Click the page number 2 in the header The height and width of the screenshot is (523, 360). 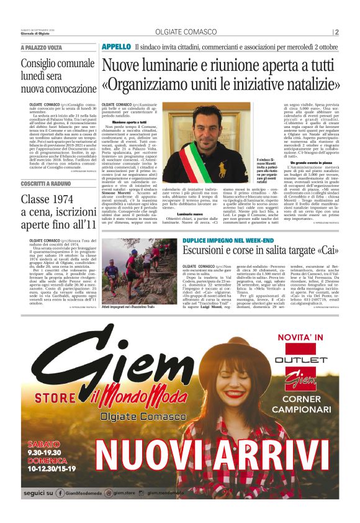(x=336, y=32)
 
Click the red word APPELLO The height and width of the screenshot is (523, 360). (x=116, y=47)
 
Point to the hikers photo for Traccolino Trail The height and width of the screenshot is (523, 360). (x=141, y=270)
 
